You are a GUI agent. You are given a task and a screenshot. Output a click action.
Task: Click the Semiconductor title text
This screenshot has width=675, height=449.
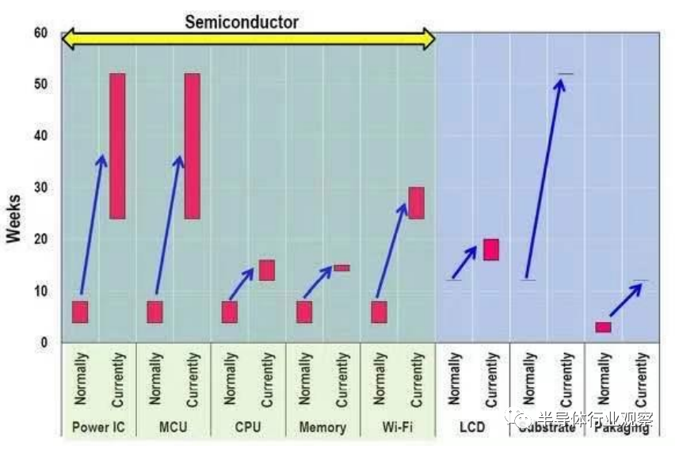(242, 22)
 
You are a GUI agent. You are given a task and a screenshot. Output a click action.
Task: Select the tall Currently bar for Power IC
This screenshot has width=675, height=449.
(117, 146)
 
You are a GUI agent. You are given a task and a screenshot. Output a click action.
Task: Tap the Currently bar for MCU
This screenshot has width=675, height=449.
(192, 146)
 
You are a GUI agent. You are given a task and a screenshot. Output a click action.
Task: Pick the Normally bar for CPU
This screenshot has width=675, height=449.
(230, 312)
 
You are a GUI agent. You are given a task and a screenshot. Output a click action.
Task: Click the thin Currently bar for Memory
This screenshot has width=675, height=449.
(341, 268)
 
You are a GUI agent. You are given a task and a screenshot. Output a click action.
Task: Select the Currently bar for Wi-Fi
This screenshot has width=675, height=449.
(416, 203)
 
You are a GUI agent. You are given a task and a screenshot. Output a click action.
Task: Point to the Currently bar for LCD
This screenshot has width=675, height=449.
(491, 249)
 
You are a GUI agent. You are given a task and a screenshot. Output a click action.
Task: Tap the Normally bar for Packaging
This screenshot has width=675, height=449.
(604, 327)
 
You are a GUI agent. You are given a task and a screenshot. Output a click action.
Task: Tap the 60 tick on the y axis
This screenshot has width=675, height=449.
(40, 32)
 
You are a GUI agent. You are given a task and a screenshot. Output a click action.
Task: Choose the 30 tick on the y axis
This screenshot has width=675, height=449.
(40, 188)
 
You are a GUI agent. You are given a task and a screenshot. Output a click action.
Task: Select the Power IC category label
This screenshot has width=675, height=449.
(98, 428)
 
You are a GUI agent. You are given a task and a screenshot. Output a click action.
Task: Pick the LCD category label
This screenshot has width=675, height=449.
(472, 428)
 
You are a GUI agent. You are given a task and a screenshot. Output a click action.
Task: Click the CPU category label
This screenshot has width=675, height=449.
(248, 428)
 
